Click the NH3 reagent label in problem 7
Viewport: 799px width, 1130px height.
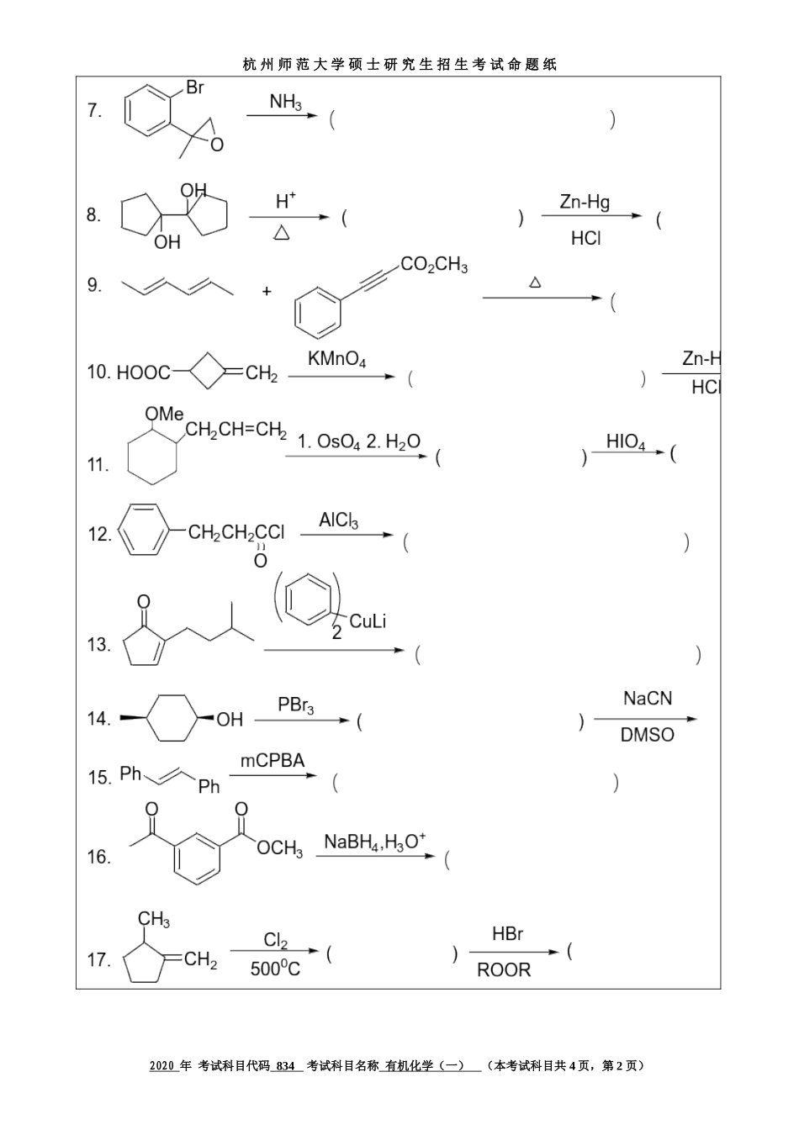[285, 103]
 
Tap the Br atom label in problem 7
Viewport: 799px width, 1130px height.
[194, 87]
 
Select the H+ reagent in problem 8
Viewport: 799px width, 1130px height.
[286, 202]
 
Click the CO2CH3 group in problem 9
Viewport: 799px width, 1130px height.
[434, 265]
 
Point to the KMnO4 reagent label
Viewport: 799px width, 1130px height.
[336, 360]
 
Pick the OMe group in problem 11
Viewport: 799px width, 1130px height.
[164, 414]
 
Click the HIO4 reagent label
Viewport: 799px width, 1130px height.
[626, 442]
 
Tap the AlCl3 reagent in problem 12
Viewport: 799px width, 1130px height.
[338, 521]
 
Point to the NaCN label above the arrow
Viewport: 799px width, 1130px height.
[647, 699]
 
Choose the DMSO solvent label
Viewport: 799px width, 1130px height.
[647, 735]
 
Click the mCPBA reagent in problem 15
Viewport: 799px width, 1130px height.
[273, 761]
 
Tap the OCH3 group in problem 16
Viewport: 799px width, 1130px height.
[279, 848]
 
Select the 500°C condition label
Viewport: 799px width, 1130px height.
[275, 969]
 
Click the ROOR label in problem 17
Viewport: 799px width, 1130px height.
[504, 970]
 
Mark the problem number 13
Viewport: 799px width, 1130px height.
[98, 645]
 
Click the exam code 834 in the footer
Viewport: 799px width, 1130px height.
[286, 1065]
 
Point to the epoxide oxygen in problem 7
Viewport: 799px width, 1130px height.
[217, 145]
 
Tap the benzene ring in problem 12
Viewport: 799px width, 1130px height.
[146, 530]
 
